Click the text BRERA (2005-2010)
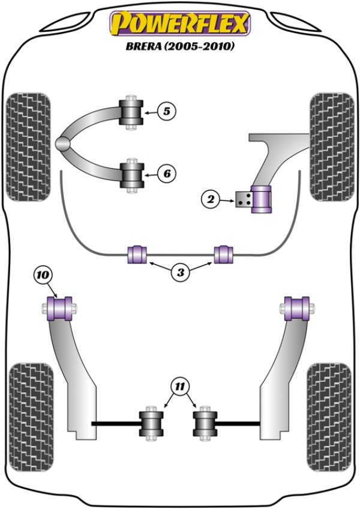pos(179,46)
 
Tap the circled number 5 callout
pos(166,110)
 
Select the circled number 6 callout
pos(166,174)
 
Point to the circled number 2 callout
pos(211,200)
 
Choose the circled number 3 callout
pos(179,273)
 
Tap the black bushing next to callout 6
pos(131,174)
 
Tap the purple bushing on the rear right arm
pos(296,309)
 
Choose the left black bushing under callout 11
pos(152,423)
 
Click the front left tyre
pos(28,146)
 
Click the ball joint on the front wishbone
pos(62,143)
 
